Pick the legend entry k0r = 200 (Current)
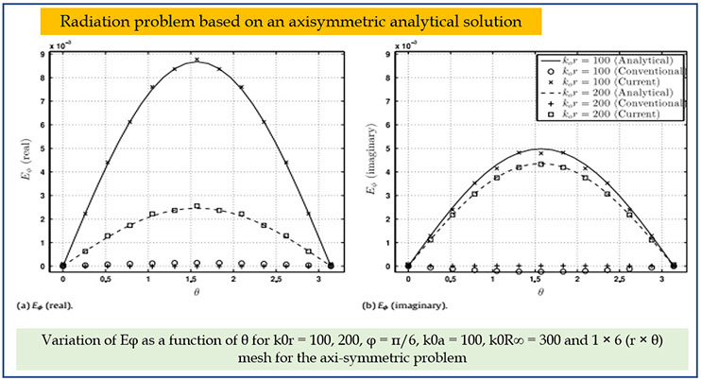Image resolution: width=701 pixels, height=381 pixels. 613,114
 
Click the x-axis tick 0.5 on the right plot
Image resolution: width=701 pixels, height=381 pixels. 452,280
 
